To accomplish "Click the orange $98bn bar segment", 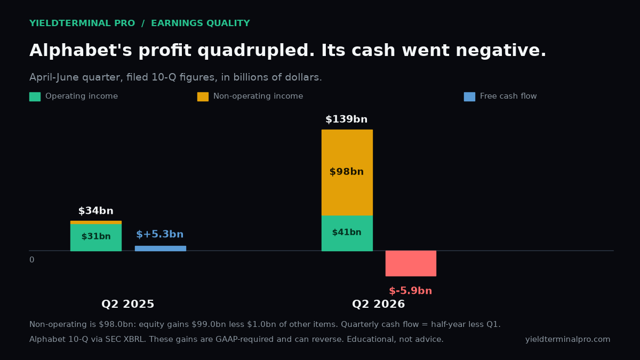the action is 347,173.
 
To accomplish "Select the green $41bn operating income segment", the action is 347,233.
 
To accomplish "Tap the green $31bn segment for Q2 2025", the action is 96,237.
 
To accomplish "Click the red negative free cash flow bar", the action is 411,263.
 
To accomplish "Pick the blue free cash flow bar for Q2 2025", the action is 161,249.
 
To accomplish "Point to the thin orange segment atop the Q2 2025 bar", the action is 96,222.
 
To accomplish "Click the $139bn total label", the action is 347,119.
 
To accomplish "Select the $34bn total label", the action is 96,211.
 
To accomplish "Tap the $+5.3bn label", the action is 159,234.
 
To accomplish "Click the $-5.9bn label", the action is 411,291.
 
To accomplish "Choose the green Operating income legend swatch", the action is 35,97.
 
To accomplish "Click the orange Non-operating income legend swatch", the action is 203,97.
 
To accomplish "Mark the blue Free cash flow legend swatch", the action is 469,97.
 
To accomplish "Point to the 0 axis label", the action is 31,260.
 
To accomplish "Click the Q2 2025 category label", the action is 127,304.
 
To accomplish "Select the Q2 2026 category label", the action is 379,304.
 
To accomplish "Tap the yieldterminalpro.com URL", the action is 567,339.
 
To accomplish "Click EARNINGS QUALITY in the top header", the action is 201,23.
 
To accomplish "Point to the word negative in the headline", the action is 501,51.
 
